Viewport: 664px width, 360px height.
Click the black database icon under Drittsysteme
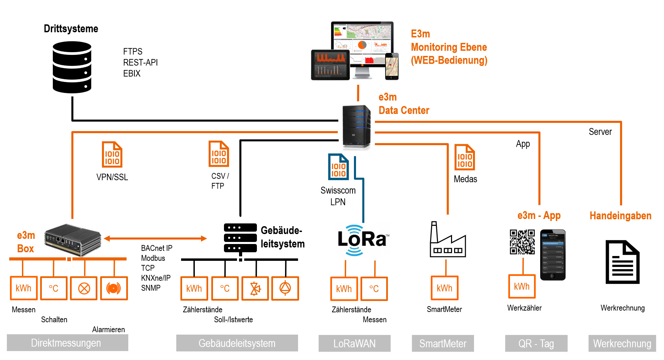72,67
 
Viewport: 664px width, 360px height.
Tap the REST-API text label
140,62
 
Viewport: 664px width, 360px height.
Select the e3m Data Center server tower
356,127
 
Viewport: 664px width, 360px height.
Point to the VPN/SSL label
112,177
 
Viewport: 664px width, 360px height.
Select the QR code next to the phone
522,242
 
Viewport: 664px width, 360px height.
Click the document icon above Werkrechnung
622,262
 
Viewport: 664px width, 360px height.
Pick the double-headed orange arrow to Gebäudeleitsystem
155,238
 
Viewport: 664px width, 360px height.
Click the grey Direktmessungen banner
67,343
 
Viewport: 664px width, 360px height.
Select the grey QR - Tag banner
536,343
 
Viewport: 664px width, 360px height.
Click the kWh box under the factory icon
444,288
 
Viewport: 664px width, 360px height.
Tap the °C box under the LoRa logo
374,289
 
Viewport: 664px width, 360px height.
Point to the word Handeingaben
620,216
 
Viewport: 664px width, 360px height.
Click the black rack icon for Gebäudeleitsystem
240,238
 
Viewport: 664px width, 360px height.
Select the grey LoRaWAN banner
354,343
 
